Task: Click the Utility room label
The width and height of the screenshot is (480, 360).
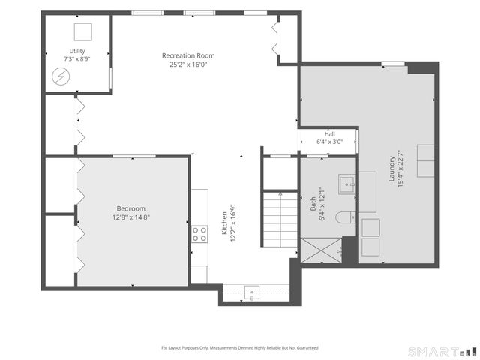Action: tap(77, 51)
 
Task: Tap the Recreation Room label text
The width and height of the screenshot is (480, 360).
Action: tap(188, 55)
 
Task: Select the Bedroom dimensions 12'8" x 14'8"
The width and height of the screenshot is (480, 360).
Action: tap(131, 217)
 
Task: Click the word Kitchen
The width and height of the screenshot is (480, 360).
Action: tap(224, 223)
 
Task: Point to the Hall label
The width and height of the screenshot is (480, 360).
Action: tap(330, 134)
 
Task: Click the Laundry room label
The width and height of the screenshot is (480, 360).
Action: tap(391, 169)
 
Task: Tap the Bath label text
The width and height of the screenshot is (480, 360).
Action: tap(313, 204)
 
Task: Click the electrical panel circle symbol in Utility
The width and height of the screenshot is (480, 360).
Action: tap(61, 76)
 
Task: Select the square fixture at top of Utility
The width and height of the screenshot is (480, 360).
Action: tap(83, 31)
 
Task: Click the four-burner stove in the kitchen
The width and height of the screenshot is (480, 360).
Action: tap(199, 234)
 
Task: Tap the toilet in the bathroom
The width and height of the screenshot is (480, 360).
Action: tap(346, 217)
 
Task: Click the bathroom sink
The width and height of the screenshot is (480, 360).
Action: tap(346, 184)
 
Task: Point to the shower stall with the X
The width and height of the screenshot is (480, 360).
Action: tap(321, 250)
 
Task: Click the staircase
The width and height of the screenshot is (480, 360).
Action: tap(280, 220)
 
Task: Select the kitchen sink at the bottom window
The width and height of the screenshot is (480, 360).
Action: tap(252, 293)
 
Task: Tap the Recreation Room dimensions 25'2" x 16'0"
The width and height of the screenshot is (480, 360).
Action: tap(188, 64)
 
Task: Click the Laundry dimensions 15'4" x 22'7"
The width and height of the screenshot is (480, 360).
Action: tap(400, 169)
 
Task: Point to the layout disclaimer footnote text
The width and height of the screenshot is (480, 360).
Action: tap(240, 348)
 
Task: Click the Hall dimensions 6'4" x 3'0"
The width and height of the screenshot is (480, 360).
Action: tap(330, 142)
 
